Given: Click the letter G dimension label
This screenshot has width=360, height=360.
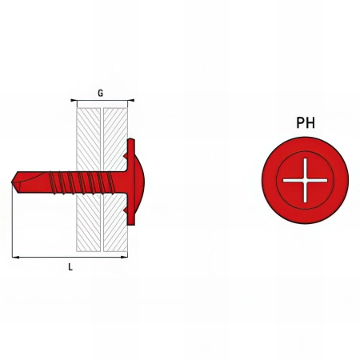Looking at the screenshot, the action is coord(100,94).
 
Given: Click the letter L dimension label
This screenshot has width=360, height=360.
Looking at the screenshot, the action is coord(70,267).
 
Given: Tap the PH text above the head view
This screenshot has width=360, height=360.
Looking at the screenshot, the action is coord(306,123).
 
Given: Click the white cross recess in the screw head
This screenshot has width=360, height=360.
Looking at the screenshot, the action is coord(305,180).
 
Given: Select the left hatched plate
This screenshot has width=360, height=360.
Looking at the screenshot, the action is coord(89,180).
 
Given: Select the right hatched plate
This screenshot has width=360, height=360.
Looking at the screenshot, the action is coord(115,180).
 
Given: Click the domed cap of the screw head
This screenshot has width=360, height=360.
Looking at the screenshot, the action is coord(139,182).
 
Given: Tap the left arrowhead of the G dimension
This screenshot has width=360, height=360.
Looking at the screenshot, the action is coord(74,100).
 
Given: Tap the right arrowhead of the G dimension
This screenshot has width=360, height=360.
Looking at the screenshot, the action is coord(131,100).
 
